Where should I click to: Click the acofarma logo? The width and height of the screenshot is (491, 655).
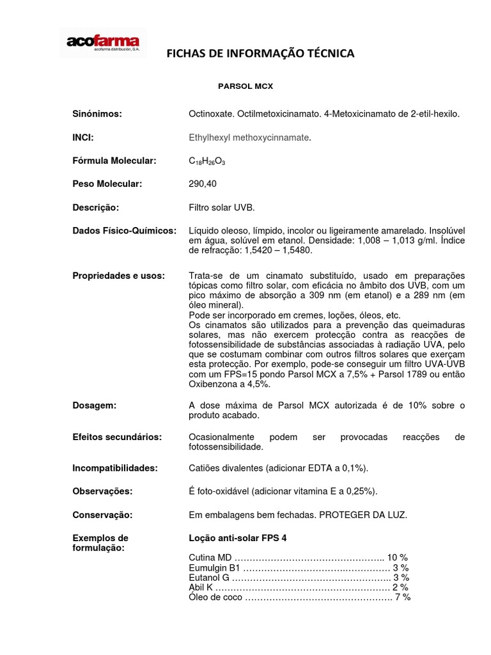103,43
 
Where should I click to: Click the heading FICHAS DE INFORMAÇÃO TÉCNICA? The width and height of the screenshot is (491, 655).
260,54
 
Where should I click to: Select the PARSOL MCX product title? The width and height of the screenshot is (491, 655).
245,85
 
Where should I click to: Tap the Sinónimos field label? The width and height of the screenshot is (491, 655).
97,114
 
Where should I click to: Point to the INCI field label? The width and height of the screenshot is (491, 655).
84,137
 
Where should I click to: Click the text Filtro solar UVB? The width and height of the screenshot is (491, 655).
221,208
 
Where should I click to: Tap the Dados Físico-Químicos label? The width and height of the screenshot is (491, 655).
124,230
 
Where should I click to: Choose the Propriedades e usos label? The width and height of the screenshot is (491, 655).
118,276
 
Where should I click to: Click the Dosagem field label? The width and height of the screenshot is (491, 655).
94,406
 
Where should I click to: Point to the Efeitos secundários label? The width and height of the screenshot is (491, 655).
117,437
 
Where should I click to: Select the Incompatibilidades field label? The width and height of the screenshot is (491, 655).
115,468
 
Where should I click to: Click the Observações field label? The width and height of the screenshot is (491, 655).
102,491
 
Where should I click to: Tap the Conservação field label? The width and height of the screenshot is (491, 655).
102,515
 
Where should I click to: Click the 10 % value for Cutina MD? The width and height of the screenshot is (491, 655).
397,557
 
